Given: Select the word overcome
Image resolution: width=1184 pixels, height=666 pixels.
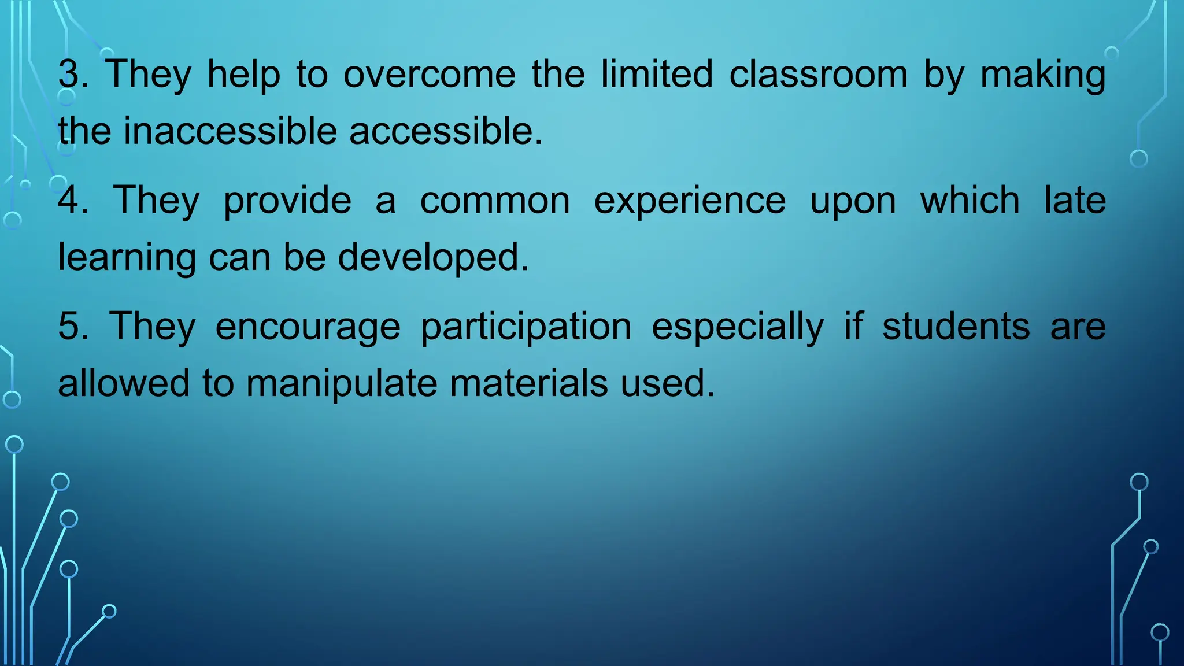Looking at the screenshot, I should pos(429,75).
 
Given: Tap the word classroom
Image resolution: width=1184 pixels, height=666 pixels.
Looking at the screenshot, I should pos(818,75).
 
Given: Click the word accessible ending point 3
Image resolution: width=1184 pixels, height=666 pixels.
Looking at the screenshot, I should pos(445,131).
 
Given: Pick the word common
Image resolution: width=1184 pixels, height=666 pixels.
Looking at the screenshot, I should pos(495,201).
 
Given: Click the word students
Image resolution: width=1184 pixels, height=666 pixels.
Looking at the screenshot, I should pos(956,327).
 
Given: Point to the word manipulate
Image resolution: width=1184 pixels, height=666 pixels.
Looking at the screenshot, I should pos(342,384).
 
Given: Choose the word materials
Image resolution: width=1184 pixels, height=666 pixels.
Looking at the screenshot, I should pos(528,384).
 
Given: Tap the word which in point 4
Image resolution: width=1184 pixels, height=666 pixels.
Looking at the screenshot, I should pos(970,201).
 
